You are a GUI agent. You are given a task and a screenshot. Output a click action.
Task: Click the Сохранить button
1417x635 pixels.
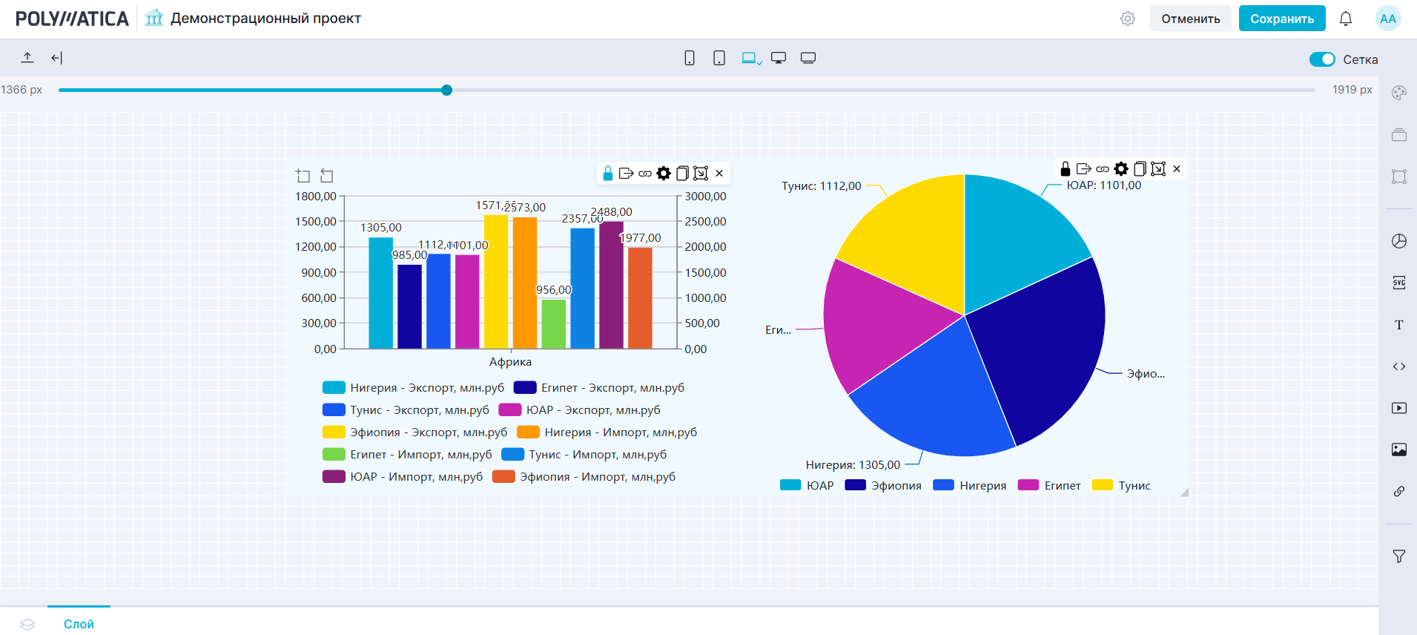point(1281,19)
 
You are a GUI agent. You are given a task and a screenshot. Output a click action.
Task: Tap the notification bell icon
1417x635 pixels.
point(1346,19)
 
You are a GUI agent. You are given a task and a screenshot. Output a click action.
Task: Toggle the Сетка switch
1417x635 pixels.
point(1322,59)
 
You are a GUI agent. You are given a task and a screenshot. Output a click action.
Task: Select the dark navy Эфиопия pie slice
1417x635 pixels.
point(1038,349)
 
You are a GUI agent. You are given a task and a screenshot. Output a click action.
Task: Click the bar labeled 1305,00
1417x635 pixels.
point(380,293)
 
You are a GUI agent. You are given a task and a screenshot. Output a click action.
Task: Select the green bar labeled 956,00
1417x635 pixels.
point(553,323)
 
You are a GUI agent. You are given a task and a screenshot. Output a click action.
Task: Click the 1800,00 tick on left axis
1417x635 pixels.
point(316,197)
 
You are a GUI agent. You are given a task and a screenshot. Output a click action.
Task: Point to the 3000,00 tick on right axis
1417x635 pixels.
point(705,197)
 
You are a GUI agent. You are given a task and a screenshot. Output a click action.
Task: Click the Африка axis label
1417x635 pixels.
point(510,362)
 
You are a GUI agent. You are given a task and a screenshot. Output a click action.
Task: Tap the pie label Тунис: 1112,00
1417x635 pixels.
point(821,186)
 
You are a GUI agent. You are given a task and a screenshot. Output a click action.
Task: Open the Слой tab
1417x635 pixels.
point(79,624)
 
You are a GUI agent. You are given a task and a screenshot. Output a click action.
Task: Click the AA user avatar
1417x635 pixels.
point(1387,19)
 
